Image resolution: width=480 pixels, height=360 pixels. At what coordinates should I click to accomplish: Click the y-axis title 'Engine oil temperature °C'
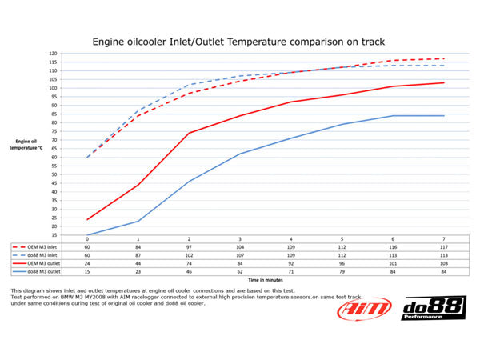31,145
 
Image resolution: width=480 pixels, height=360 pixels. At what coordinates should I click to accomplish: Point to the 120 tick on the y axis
53,54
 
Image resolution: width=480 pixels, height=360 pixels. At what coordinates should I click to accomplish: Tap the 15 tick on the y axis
54,235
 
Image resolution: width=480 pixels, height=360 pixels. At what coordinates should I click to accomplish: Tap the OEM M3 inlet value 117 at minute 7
444,247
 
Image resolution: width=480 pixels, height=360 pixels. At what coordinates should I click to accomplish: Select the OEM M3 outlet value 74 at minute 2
190,262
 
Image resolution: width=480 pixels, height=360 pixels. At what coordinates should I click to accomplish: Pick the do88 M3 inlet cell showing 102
190,254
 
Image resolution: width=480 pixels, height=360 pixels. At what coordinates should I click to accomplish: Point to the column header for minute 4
291,239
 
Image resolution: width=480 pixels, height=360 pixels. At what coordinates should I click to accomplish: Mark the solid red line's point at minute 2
190,133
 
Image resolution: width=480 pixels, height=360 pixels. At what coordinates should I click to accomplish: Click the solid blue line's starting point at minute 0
87,235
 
